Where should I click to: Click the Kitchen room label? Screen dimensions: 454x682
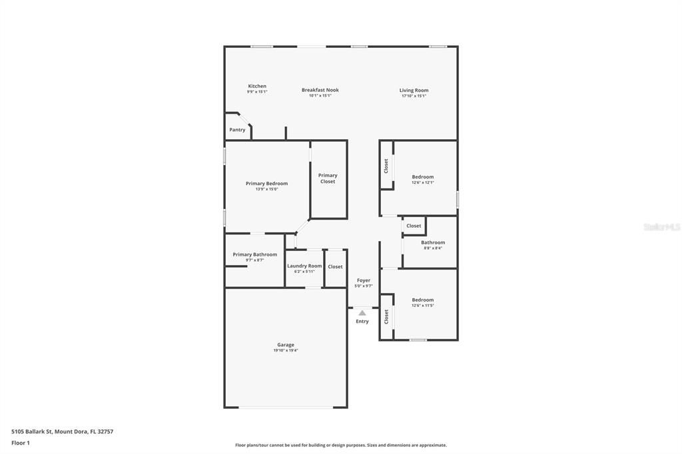pos(257,87)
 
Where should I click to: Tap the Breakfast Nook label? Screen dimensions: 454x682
pos(320,90)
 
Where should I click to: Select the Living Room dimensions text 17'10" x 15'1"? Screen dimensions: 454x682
pos(414,96)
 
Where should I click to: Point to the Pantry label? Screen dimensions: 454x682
pos(237,130)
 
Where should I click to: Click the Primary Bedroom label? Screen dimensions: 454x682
pos(266,184)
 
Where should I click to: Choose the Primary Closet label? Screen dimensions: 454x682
pos(328,178)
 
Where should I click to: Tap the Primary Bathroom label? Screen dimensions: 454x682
pos(254,254)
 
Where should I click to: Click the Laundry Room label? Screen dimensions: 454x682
pos(304,266)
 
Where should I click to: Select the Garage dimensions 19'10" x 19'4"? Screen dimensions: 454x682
pos(285,350)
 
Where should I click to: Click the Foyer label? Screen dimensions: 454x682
pos(364,280)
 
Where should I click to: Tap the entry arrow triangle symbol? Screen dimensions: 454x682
pos(362,312)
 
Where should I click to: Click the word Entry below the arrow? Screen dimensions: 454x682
pos(362,322)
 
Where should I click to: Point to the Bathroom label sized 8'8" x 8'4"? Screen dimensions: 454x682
pos(433,242)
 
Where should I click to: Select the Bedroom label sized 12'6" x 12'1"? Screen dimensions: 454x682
pos(422,177)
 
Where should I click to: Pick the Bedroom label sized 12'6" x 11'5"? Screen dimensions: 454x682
pos(422,300)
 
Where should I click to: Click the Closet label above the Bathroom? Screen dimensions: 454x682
pos(414,226)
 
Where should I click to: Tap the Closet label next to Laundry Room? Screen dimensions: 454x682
pos(336,267)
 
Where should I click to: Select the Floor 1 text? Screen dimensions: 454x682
pos(21,443)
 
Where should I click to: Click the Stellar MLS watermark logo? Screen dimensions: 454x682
pos(661,227)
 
